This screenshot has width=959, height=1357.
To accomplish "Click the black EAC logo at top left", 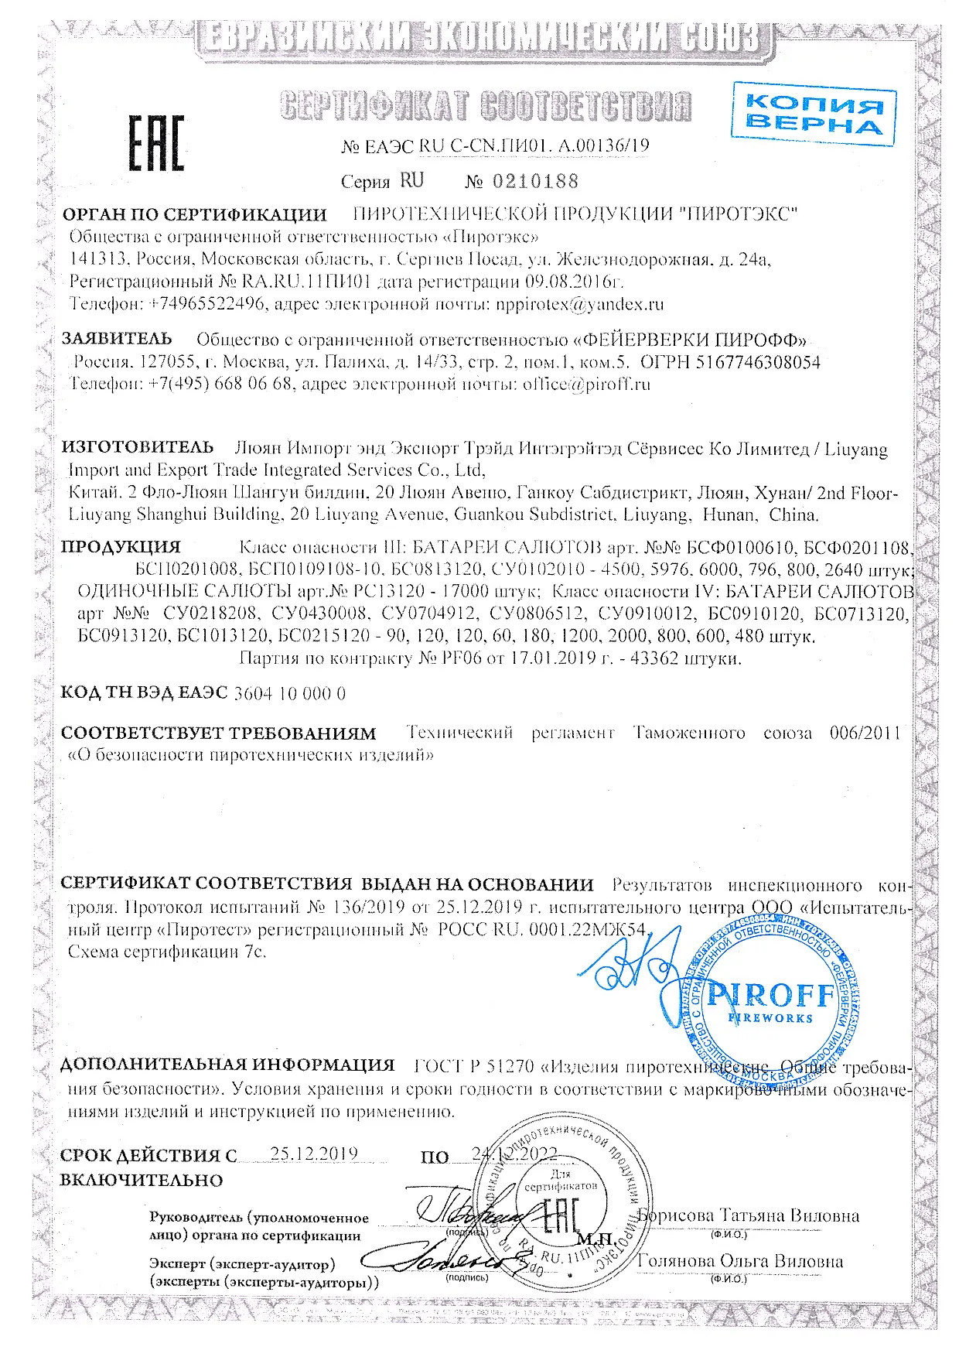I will pos(155,143).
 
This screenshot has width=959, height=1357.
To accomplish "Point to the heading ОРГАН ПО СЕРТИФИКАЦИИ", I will pos(194,214).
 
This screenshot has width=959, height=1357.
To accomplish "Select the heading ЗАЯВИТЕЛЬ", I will pos(117,339).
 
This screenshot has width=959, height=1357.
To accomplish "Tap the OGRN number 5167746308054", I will pos(759,362).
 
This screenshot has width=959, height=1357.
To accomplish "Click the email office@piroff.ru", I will pos(586,384).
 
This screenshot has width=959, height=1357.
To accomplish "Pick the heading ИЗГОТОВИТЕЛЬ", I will pos(138,447).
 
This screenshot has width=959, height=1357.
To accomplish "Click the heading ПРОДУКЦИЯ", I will pos(121,547).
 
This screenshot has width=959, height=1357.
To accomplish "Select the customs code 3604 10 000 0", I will pos(289,693).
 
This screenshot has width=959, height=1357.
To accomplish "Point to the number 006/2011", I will pos(865,732).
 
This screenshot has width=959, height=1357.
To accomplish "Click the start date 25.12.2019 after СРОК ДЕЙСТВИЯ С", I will pos(314,1154).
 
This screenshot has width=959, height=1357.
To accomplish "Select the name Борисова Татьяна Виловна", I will pos(749,1215).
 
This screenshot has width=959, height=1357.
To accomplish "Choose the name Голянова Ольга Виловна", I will pos(739,1261).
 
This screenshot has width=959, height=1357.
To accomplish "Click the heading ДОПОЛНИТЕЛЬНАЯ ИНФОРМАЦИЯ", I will pos(227,1065).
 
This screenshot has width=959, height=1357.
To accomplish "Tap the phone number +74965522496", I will pos(206,304).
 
